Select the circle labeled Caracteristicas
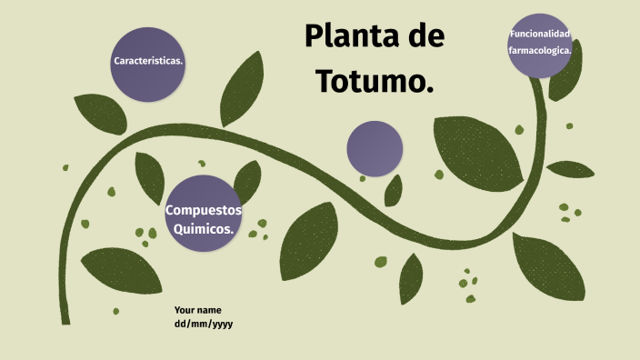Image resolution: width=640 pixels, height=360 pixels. [148, 62]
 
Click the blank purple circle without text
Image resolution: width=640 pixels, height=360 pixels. [375, 148]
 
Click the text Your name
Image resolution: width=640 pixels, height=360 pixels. [197, 310]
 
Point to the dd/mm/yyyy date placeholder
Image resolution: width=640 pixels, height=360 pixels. [204, 324]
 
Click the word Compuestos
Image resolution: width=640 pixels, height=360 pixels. [203, 211]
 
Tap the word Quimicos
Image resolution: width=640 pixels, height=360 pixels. [204, 229]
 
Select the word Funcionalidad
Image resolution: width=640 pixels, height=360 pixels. [540, 35]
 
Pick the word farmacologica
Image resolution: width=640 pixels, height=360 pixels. [540, 51]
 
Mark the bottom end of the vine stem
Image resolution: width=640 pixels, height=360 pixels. [64, 319]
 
